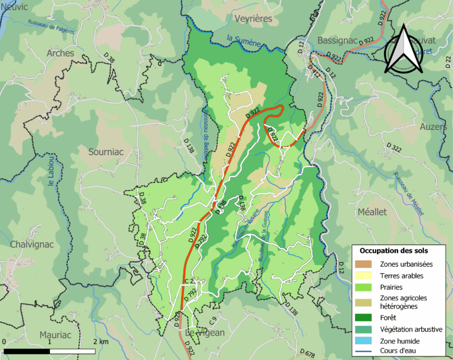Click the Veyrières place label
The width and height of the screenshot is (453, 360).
[x=253, y=19]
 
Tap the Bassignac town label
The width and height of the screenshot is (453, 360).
[x=337, y=40]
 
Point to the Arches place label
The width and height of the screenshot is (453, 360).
[x=60, y=53]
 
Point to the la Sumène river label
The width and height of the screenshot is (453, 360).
[x=244, y=40]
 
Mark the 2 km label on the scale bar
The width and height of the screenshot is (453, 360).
[x=101, y=342]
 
